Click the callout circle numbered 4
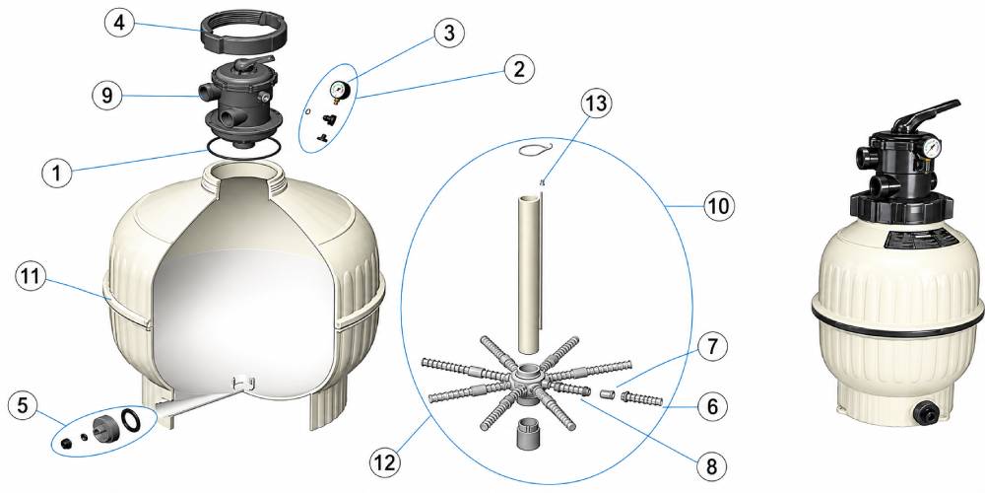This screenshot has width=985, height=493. click(119, 25)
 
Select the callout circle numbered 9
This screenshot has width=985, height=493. click(107, 95)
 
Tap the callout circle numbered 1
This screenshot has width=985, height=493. click(57, 172)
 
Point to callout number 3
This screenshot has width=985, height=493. click(448, 34)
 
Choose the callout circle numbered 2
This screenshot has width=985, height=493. click(519, 69)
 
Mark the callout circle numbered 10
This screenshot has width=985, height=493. click(718, 205)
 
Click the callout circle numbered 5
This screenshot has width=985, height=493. click(24, 406)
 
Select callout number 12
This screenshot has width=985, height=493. click(384, 462)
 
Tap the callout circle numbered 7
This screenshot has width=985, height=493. click(712, 346)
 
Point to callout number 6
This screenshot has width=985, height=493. click(712, 406)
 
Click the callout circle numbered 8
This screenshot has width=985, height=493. click(712, 466)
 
